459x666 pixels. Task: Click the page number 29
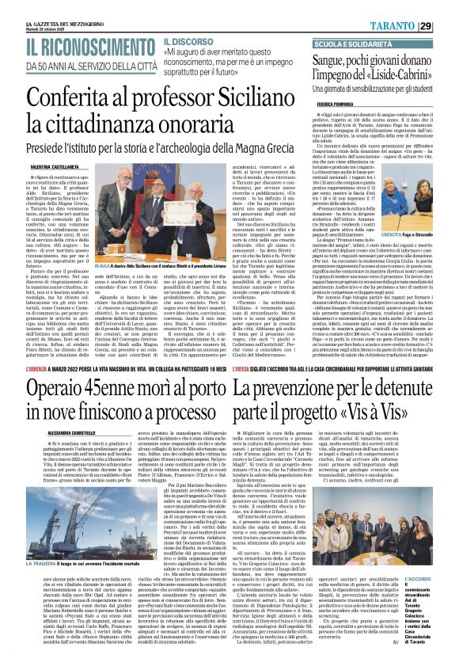[447, 26]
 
